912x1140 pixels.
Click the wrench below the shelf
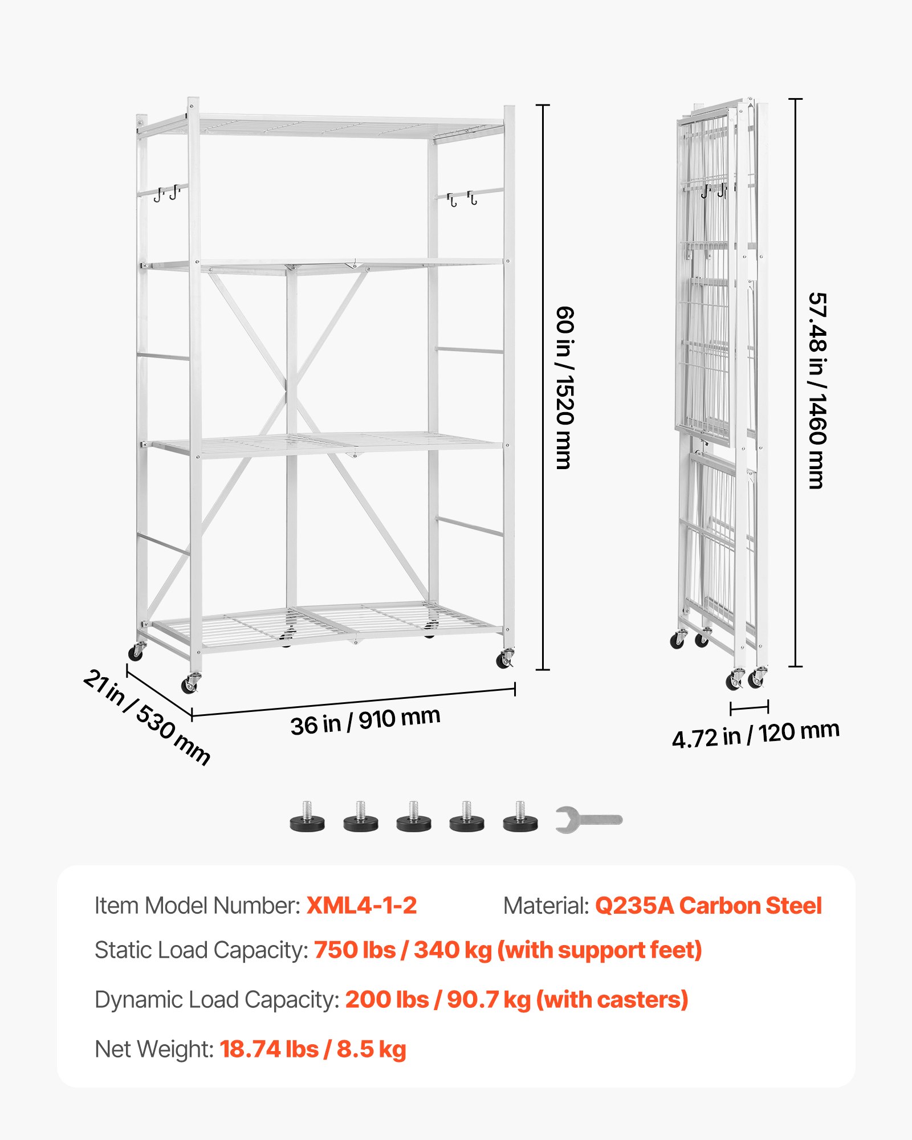coord(588,820)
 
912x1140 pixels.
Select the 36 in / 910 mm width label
coord(365,721)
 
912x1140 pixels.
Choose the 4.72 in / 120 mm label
coord(755,734)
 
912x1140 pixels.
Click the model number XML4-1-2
coord(361,906)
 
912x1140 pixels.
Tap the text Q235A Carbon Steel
coord(708,906)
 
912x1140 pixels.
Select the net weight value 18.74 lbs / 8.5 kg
coord(313,1049)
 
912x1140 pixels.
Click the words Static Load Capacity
coord(201,950)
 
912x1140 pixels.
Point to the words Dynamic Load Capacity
coord(217,1000)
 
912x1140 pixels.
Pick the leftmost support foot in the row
coord(307,818)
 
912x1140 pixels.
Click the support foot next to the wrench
coord(520,818)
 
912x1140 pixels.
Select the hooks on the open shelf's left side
coord(167,193)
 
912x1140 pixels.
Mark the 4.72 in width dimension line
coord(749,708)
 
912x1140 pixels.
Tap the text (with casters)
coord(612,1000)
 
